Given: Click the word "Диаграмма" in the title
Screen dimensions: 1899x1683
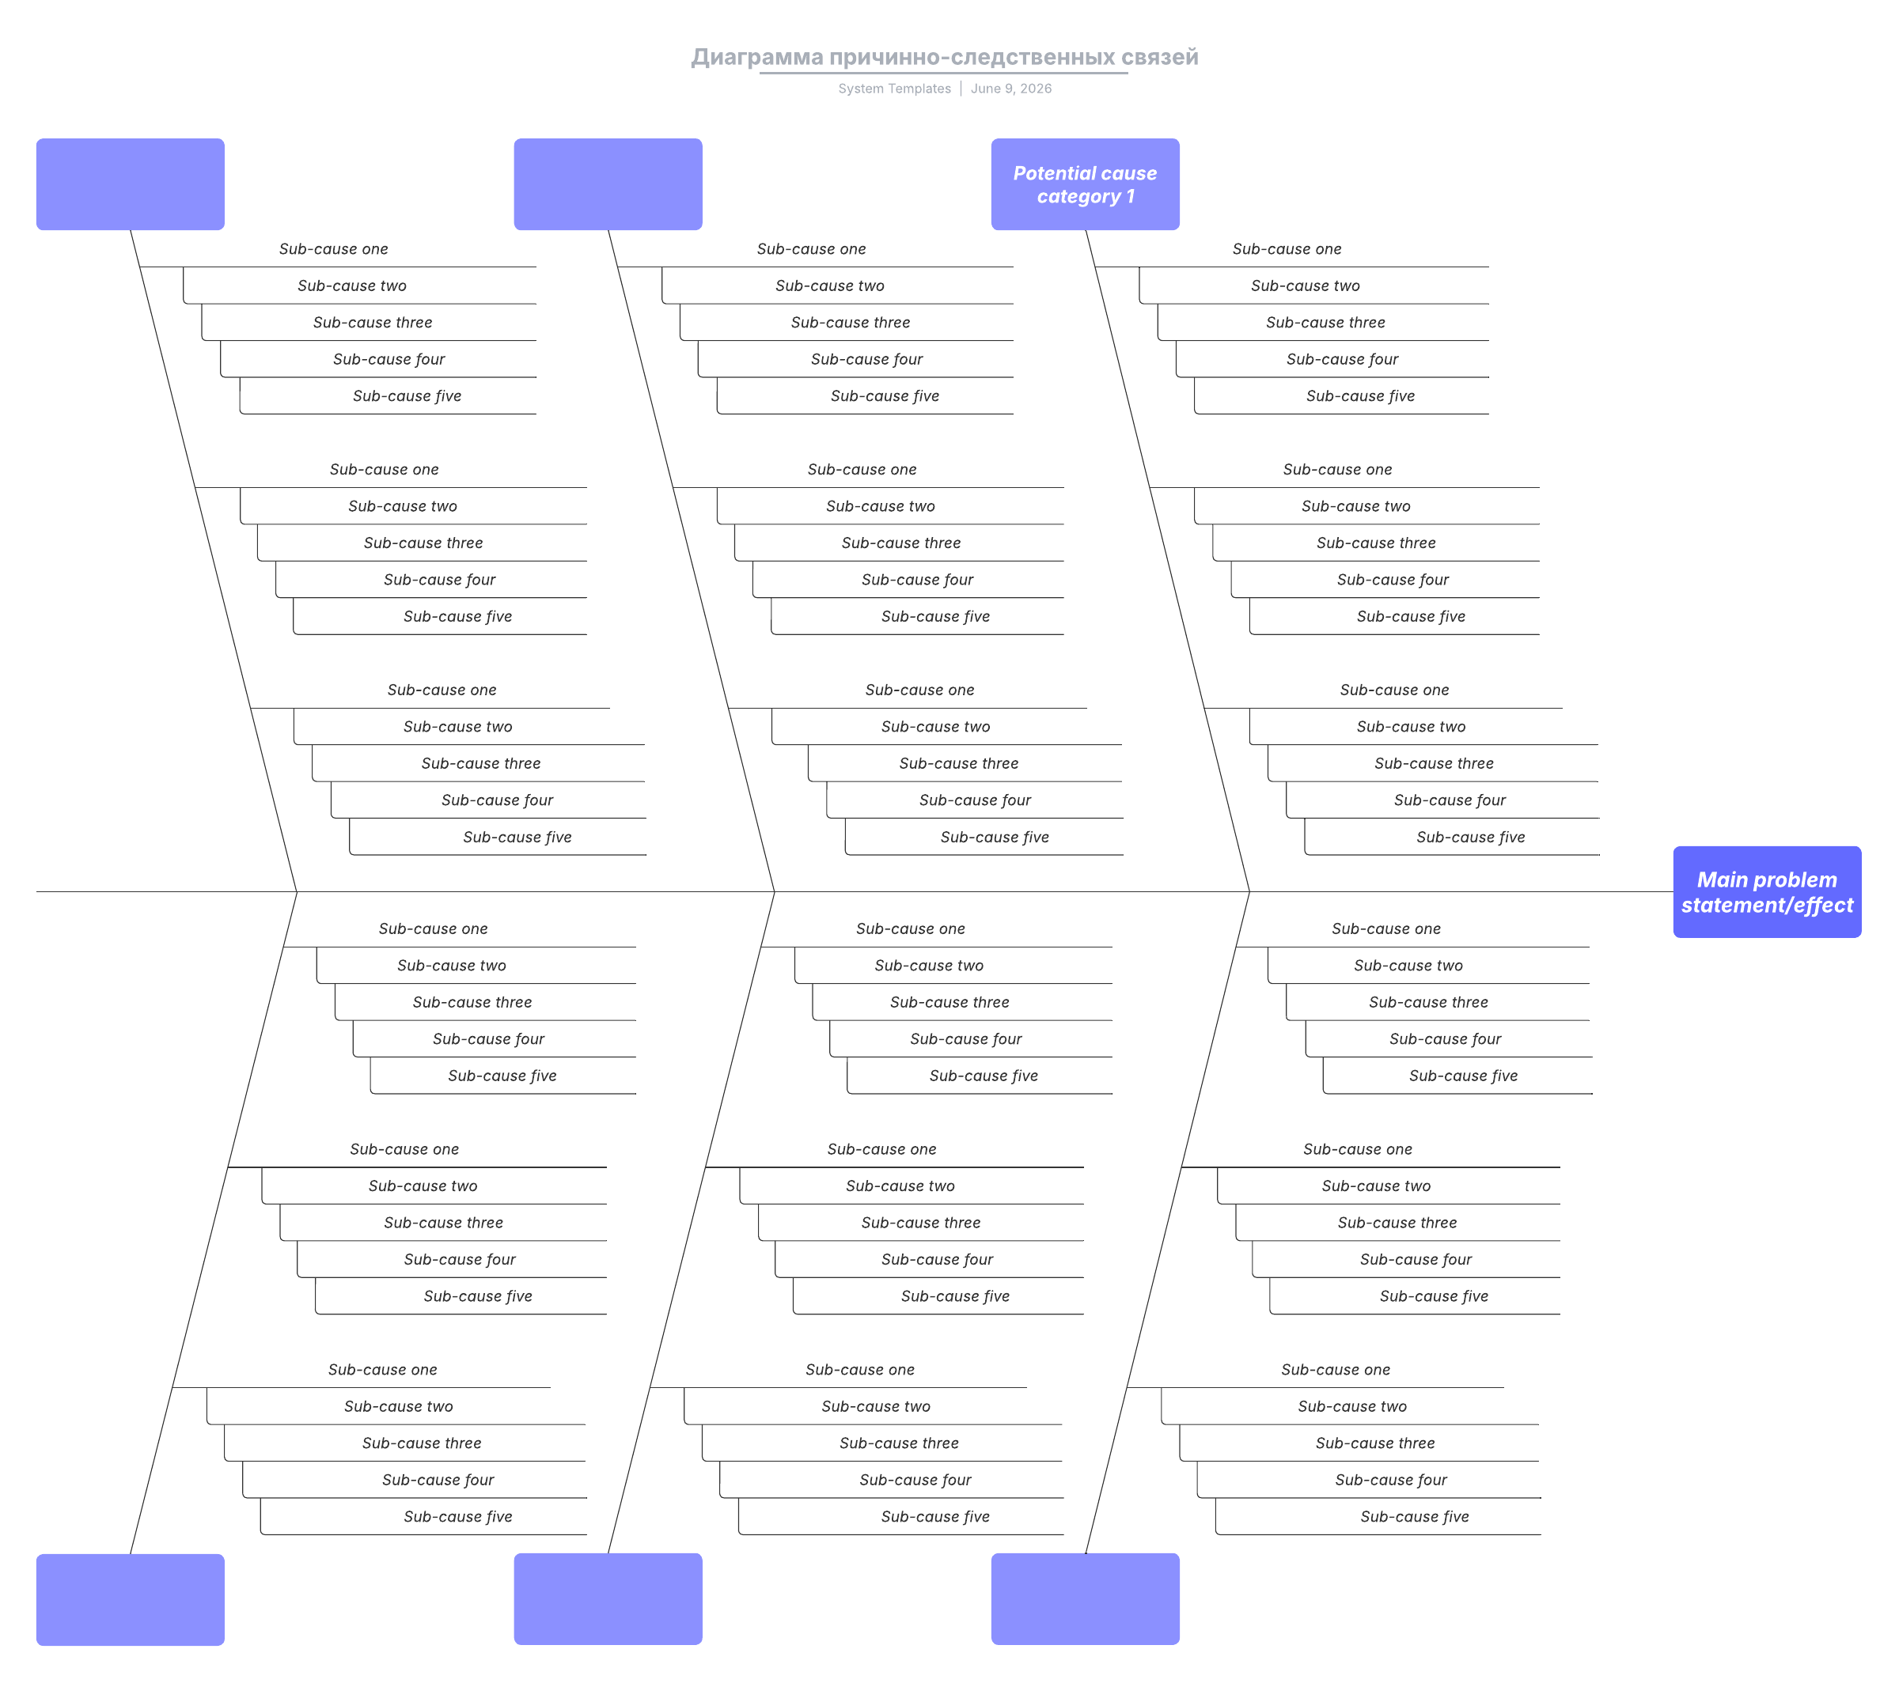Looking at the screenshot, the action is [x=757, y=58].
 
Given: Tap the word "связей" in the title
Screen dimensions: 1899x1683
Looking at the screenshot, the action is [x=1159, y=58].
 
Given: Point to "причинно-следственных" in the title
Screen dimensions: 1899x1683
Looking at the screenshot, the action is [x=972, y=58].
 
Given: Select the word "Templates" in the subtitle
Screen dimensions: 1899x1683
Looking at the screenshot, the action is [x=919, y=89].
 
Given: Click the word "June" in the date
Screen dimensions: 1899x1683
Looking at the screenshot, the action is [x=985, y=89].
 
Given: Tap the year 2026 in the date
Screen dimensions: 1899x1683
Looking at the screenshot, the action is [x=1036, y=89].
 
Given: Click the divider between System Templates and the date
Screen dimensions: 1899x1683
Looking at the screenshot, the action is [x=961, y=89].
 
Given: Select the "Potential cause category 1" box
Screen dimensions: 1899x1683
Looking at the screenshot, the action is [x=1085, y=184].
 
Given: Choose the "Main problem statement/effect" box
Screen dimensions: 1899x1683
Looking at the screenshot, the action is [x=1767, y=891].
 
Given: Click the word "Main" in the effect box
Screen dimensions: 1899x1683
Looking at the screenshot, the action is [x=1723, y=879].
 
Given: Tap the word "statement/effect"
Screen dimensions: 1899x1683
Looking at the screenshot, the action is [x=1767, y=906].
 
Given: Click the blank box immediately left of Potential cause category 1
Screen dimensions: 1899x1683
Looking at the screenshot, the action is [x=608, y=184].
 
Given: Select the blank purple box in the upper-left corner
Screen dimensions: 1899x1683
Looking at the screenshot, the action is [x=130, y=184].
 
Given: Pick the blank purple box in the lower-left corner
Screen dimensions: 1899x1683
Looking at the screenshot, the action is [x=130, y=1599].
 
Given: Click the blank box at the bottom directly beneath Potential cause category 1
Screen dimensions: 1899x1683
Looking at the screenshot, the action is [x=1085, y=1599].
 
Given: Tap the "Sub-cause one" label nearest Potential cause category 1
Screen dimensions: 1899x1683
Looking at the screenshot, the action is [x=1287, y=249].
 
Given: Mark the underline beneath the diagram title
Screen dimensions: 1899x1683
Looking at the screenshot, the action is [x=943, y=73].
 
